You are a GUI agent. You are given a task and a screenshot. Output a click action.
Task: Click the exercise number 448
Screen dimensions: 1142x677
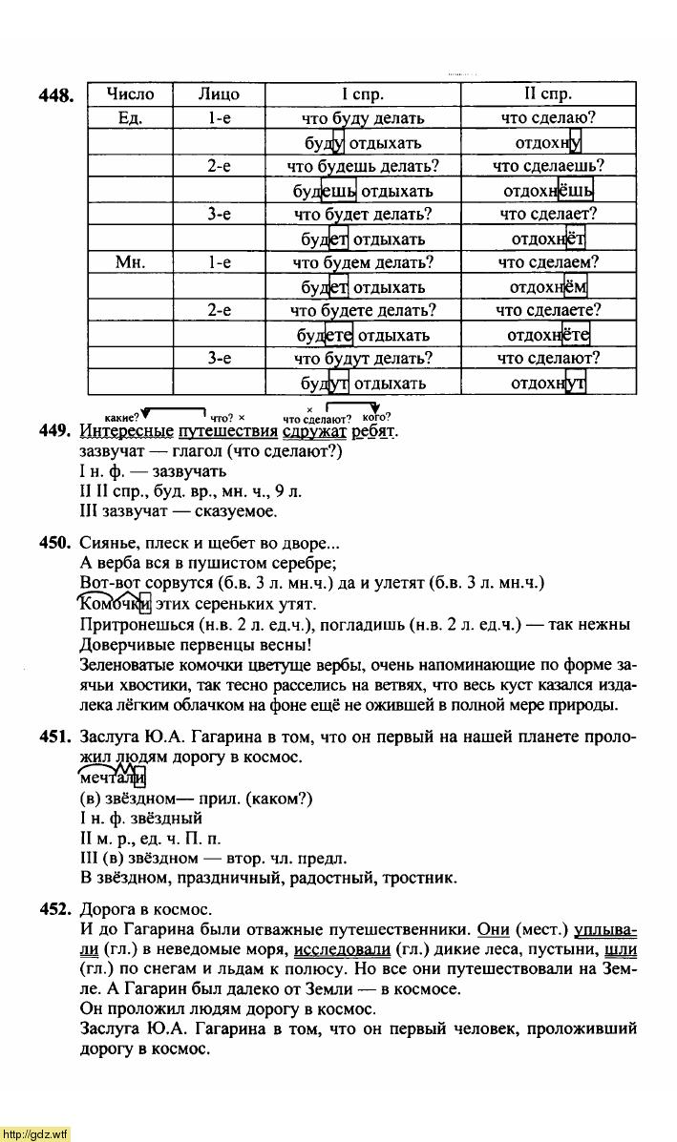[x=56, y=95]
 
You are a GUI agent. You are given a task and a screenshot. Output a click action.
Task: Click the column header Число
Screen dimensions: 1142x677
[x=130, y=94]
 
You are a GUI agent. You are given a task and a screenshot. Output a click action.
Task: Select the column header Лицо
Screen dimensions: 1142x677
[x=219, y=94]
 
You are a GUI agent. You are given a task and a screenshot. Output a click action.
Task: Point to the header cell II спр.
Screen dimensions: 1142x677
[x=548, y=94]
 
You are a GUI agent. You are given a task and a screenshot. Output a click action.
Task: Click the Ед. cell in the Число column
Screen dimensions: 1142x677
[x=130, y=118]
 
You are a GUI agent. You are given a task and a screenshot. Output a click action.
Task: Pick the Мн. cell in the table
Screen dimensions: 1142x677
[x=130, y=262]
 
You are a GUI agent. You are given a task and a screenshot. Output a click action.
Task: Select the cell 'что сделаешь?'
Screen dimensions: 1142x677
[x=548, y=166]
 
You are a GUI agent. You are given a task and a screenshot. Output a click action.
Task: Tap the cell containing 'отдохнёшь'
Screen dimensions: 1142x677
[x=548, y=191]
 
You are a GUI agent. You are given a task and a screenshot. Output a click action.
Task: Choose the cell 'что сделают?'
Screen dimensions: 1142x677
[x=548, y=359]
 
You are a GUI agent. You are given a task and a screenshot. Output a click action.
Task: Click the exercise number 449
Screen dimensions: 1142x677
[x=56, y=431]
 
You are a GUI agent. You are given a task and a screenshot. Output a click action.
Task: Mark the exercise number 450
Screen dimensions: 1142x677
[x=56, y=544]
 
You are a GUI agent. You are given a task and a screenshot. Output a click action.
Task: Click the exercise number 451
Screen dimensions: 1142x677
[x=56, y=737]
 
